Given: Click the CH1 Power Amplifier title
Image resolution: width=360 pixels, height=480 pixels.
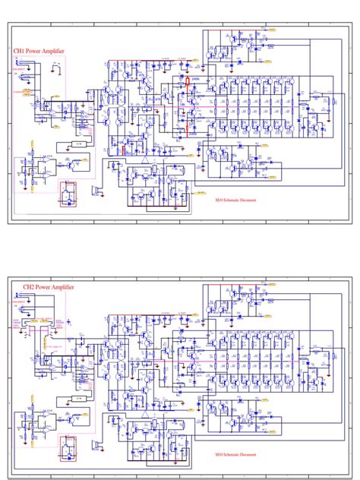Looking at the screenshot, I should pos(39,52).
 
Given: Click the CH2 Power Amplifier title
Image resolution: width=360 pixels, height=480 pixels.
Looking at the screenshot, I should pos(49,288).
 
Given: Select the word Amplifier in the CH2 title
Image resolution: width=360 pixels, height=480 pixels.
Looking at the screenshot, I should pos(63,288).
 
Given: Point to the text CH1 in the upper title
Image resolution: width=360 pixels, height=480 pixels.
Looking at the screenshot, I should pos(19,52).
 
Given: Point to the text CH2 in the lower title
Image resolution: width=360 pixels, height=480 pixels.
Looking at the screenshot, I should pos(29,288).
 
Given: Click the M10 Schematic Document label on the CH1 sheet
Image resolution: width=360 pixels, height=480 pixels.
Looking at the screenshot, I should pos(235,201).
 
